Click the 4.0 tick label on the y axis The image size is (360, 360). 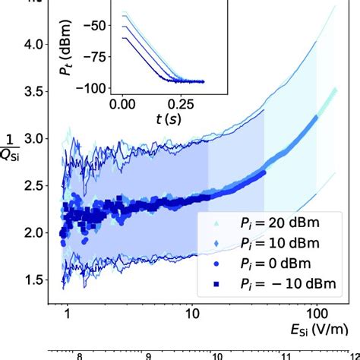point(39,45)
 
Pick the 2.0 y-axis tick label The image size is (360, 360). point(39,234)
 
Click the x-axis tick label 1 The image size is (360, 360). point(68,313)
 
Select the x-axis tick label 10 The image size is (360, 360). point(191,313)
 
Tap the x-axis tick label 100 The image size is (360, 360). point(314,313)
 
